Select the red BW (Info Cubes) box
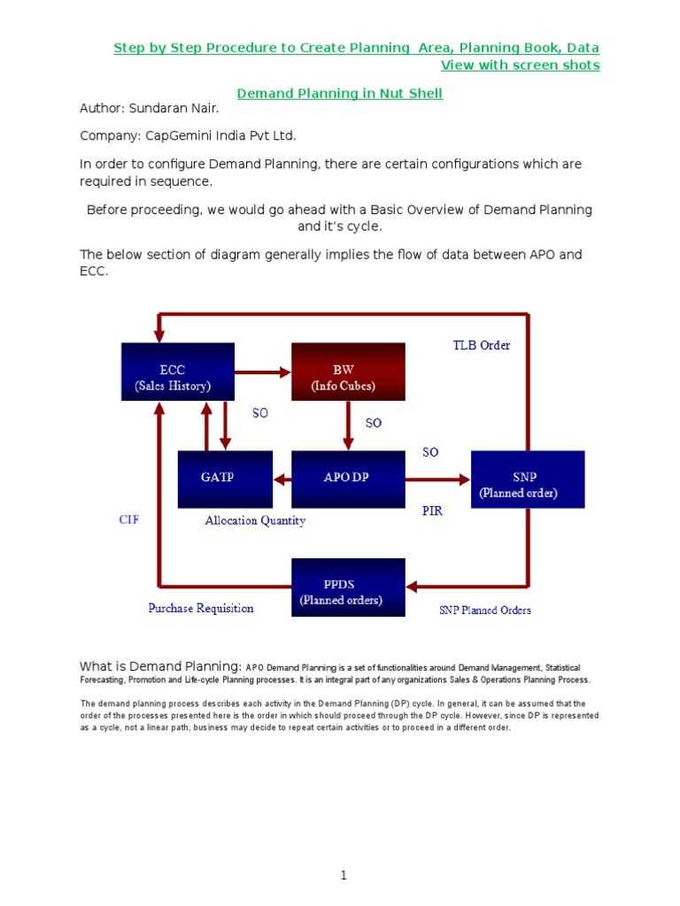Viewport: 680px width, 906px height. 348,372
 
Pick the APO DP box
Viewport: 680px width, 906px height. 348,479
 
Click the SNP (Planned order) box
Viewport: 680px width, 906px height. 528,479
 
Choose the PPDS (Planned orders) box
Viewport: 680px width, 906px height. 348,587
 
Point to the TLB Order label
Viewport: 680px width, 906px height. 482,346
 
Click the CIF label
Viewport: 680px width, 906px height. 129,520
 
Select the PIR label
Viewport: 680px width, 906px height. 432,511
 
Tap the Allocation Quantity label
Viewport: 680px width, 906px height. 255,521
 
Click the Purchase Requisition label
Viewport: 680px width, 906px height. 201,608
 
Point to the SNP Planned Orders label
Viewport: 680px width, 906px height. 485,610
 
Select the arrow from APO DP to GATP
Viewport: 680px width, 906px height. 282,480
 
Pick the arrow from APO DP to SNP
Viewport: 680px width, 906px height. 437,480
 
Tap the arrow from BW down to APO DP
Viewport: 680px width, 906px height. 348,426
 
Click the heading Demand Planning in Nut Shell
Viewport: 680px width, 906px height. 340,94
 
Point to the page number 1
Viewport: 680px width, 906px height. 344,876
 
